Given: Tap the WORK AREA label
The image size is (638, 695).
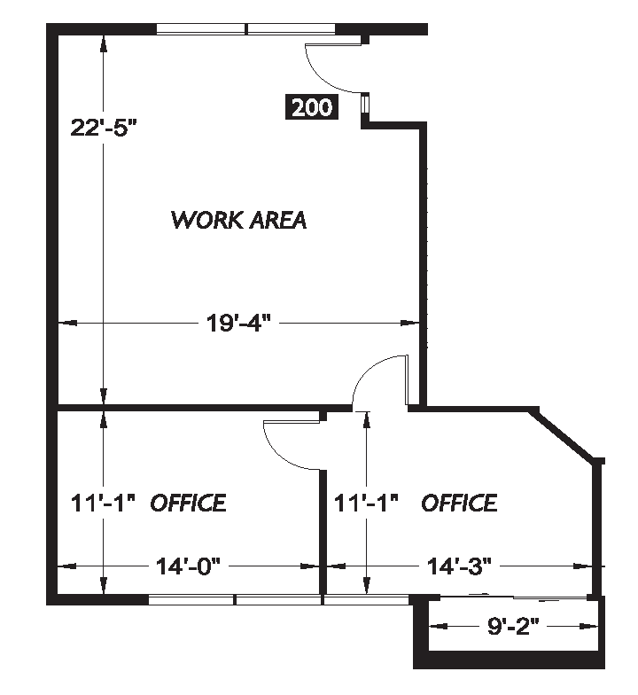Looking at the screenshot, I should [x=238, y=219].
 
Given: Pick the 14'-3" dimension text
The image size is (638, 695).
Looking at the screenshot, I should [x=459, y=565].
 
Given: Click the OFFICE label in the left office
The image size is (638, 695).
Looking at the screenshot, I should [x=188, y=503].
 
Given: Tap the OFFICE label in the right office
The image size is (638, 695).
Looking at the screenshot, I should [x=458, y=503].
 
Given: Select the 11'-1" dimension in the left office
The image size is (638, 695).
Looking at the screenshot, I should [x=102, y=503].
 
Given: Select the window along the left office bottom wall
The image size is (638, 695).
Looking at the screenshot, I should [x=235, y=600].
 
